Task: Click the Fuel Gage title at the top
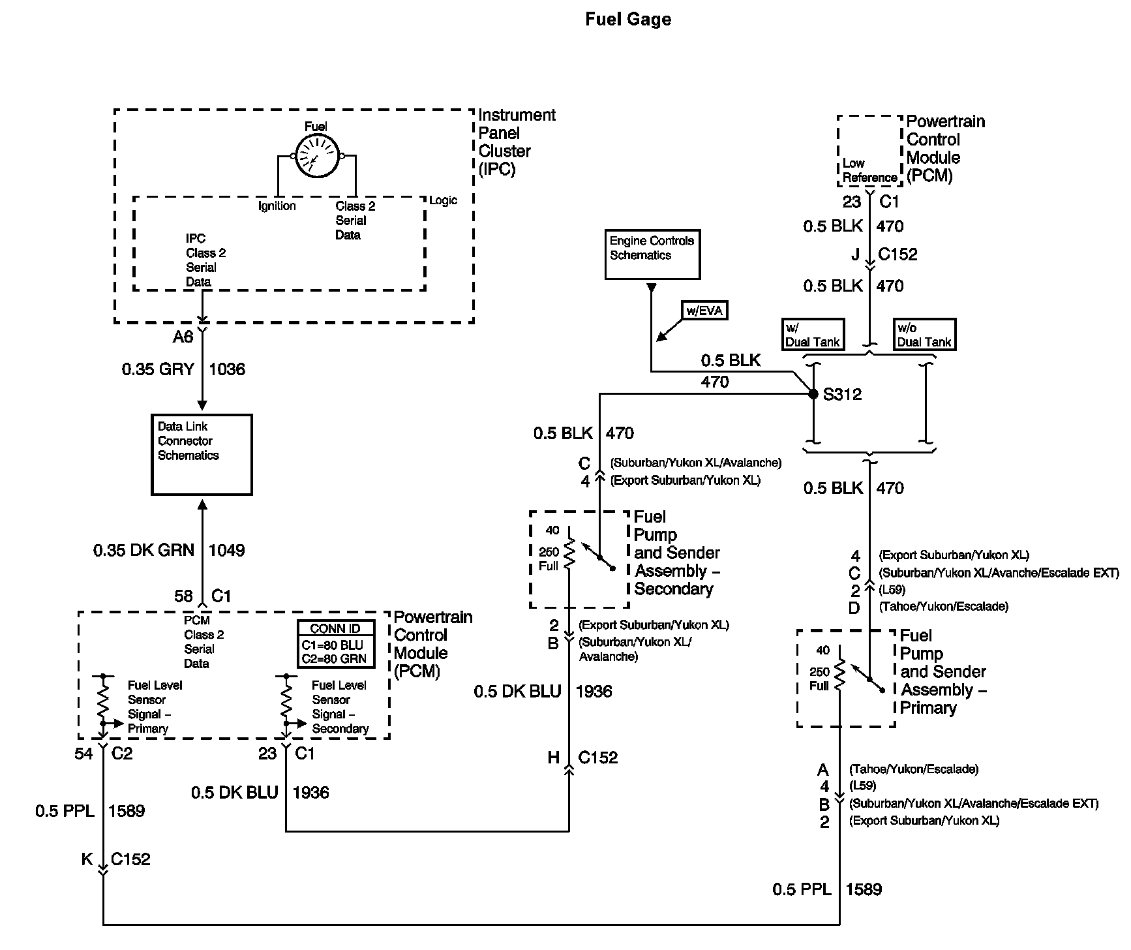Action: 628,20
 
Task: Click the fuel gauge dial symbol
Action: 316,157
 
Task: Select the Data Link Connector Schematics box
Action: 202,455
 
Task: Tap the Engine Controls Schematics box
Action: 652,254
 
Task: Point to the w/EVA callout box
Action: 704,311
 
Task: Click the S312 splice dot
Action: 813,394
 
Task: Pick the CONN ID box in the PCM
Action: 336,643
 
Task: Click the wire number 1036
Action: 227,369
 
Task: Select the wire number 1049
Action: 226,550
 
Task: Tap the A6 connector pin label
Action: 183,337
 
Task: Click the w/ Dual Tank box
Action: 813,335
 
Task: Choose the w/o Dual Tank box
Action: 924,335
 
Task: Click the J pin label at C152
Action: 855,254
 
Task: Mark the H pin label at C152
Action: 553,758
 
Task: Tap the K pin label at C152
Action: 87,859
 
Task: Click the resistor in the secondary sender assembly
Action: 569,553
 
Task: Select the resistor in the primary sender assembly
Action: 839,672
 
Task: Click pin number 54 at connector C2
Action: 83,754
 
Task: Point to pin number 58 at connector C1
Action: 183,596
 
